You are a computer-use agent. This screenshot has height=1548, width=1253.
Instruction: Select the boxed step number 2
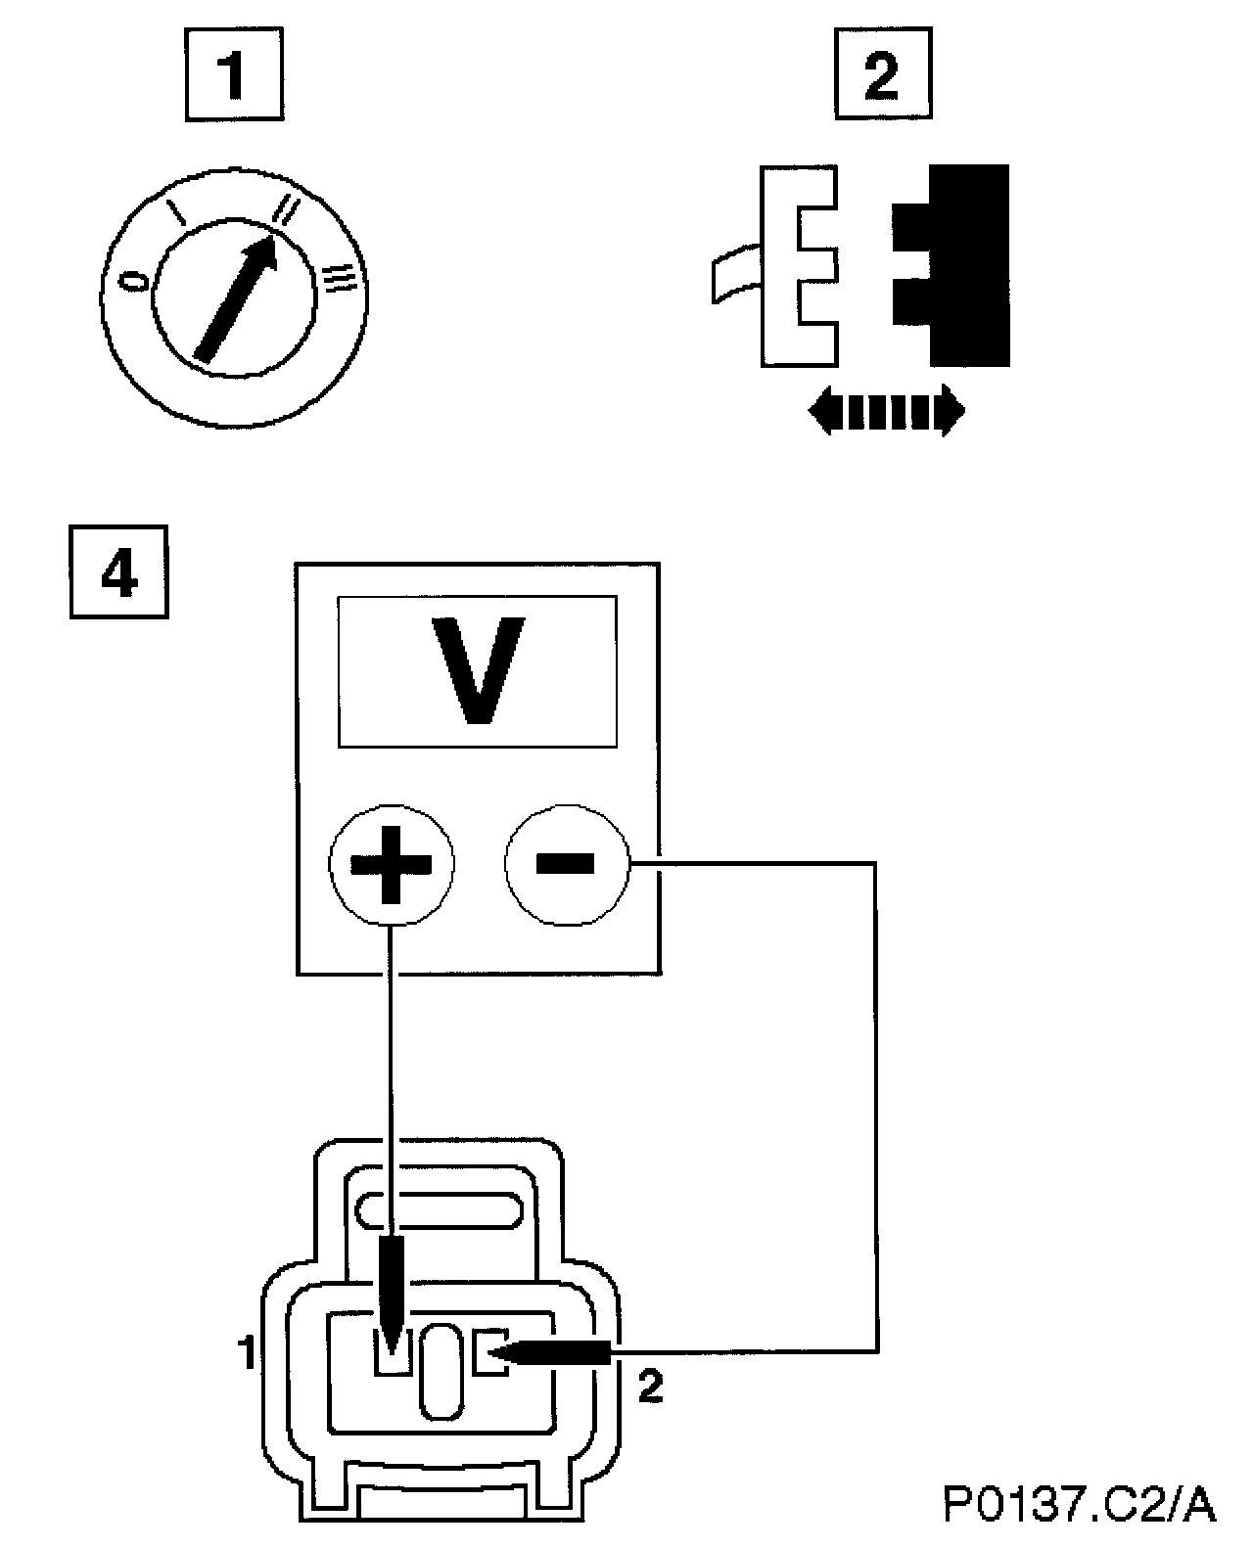[x=882, y=73]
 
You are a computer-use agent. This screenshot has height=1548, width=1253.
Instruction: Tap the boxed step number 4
[x=118, y=572]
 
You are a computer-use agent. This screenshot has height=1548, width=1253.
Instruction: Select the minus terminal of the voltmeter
[x=565, y=863]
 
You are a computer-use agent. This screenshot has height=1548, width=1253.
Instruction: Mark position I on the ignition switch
[x=177, y=212]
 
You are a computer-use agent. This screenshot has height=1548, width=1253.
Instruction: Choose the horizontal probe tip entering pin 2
[x=548, y=1352]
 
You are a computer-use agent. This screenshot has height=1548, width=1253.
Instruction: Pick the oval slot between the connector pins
[x=441, y=1371]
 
